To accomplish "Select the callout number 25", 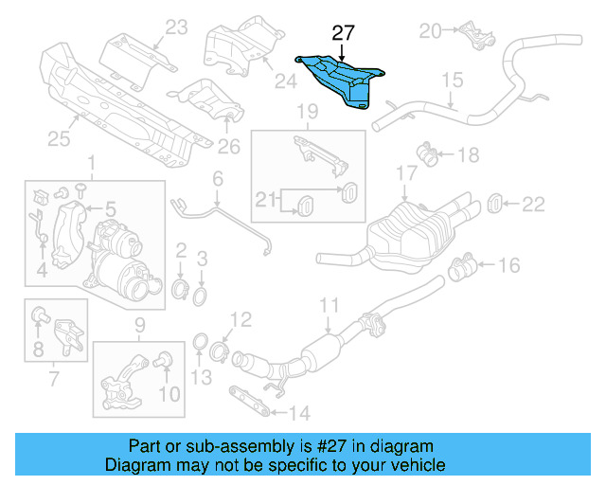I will point(59,140).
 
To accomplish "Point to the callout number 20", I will point(431,31).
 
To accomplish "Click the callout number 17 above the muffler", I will point(406,174).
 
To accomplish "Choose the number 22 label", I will point(534,202).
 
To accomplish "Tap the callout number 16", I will point(508,264).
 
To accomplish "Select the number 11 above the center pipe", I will point(328,305).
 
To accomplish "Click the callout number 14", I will point(298,412).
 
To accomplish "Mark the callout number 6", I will point(217,178).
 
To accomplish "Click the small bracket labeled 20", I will point(473,37).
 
